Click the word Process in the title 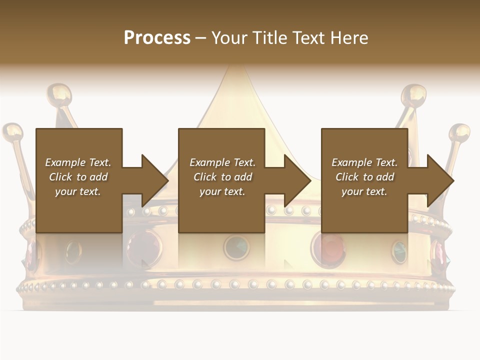tap(157, 37)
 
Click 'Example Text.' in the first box tap(78, 162)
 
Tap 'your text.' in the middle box tap(222, 191)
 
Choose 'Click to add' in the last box tap(365, 177)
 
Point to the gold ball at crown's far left tap(12, 132)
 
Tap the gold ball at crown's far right tap(459, 133)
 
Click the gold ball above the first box tap(59, 94)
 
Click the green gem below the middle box tap(236, 246)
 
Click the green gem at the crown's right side tap(399, 251)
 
